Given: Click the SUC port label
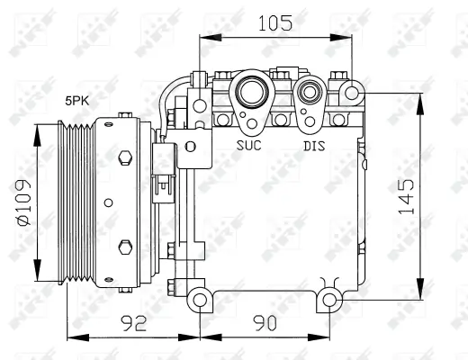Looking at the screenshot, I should click(x=249, y=145).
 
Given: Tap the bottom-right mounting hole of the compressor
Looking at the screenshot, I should click(x=330, y=299).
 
